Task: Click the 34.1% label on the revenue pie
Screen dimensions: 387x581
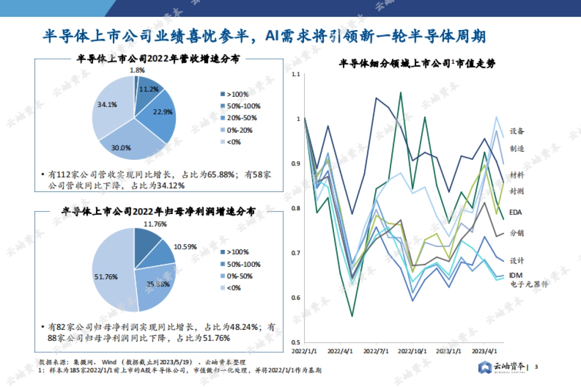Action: (107, 104)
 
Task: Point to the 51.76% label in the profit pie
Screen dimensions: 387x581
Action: (104, 277)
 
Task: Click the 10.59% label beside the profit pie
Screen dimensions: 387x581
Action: (185, 247)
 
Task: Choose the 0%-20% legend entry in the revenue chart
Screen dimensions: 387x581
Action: (240, 130)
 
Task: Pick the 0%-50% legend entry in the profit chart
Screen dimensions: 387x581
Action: (240, 276)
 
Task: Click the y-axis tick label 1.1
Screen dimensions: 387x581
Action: (296, 74)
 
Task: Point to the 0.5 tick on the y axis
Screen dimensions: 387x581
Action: (296, 342)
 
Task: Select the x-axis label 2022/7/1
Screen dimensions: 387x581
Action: (376, 350)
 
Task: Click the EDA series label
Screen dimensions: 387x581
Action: (516, 212)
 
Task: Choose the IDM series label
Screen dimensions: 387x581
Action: (516, 275)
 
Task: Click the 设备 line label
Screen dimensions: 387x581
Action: (517, 131)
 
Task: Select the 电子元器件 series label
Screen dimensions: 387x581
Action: (529, 284)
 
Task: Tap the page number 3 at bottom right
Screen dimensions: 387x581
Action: (536, 368)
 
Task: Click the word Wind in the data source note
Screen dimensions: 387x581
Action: (108, 362)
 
